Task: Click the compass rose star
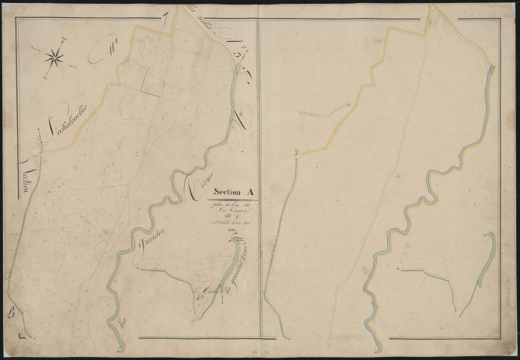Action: pyautogui.click(x=55, y=55)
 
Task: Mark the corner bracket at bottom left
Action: pyautogui.click(x=27, y=339)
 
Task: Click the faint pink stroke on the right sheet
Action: pyautogui.click(x=315, y=113)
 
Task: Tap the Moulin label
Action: pyautogui.click(x=202, y=285)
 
